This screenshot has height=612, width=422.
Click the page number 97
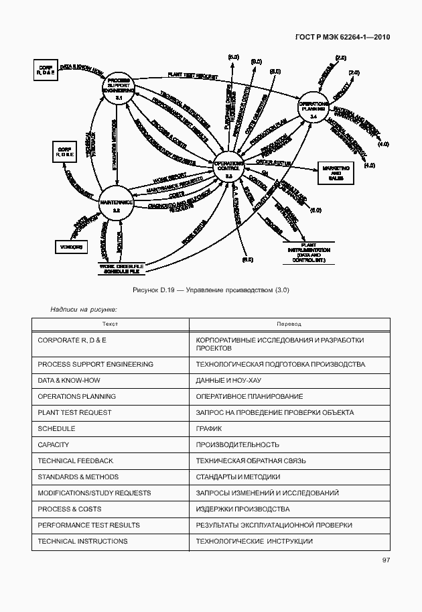point(386,560)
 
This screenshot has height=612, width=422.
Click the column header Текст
point(111,324)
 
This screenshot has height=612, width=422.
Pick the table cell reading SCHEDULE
point(56,428)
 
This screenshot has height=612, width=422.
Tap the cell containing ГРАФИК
point(209,428)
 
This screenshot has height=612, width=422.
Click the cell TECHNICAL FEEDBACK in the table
point(75,461)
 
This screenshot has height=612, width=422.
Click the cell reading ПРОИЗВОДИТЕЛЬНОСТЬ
point(237,444)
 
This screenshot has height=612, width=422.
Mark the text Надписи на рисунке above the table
point(84,309)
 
